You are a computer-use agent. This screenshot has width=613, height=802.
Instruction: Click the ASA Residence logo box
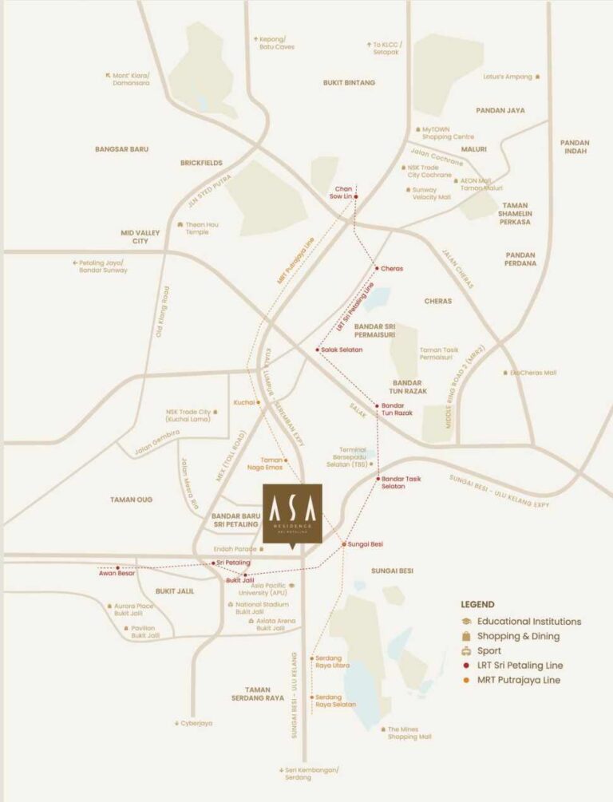(x=292, y=513)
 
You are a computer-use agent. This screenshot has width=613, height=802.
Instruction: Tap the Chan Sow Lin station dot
(x=356, y=196)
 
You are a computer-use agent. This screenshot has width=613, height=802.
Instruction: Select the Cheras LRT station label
(x=392, y=268)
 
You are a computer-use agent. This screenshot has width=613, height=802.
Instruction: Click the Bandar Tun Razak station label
(x=397, y=409)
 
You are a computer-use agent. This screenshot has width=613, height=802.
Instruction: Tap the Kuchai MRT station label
(x=243, y=402)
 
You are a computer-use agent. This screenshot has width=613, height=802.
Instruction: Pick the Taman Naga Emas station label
(x=271, y=464)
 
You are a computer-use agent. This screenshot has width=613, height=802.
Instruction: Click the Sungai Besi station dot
(x=344, y=544)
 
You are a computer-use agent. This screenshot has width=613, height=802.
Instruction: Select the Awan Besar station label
(x=117, y=573)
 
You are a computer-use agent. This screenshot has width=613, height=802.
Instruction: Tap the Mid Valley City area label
(x=140, y=236)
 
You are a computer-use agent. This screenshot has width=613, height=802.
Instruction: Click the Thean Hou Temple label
(x=202, y=228)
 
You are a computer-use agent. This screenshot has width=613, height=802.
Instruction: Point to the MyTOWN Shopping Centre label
(x=448, y=133)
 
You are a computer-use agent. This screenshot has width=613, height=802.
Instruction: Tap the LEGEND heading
(x=477, y=604)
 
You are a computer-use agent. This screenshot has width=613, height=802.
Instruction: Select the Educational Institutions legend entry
(x=528, y=621)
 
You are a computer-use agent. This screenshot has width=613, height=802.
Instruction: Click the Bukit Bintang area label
(x=349, y=82)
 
